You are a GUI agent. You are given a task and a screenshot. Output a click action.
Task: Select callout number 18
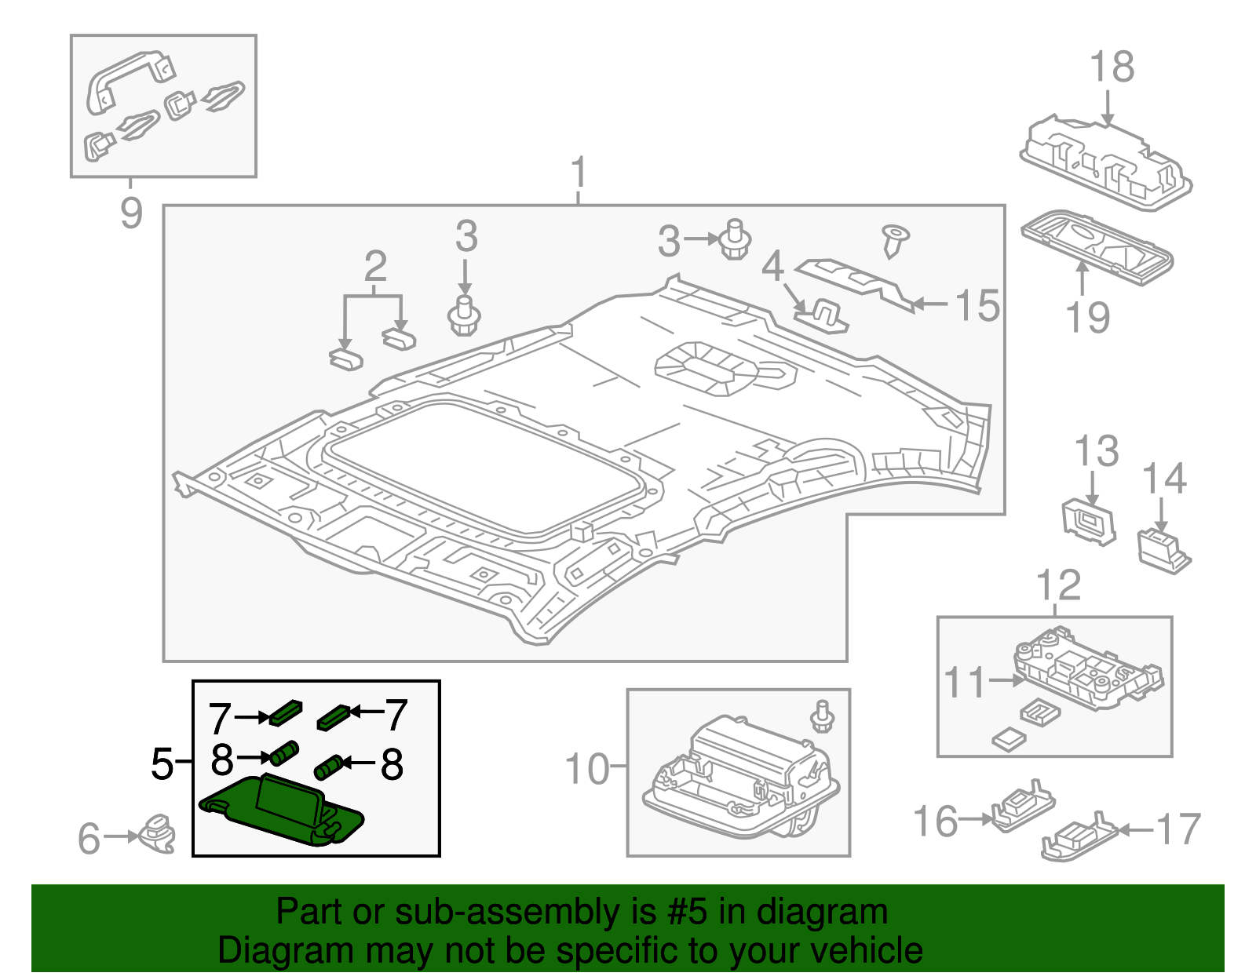[x=1112, y=67]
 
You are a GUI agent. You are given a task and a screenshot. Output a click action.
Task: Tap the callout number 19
[x=1086, y=318]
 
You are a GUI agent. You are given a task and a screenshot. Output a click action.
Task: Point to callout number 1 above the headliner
[x=579, y=173]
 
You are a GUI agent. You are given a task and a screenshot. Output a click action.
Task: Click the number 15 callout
[x=977, y=305]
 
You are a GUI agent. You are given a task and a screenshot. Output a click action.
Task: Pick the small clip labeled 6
[x=159, y=833]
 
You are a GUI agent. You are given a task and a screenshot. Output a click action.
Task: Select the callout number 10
[x=586, y=769]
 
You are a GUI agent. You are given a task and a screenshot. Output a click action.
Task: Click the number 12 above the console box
[x=1058, y=585]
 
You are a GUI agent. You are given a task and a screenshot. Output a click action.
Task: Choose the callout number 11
[x=963, y=682]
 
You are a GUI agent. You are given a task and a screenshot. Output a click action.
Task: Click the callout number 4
[x=772, y=267]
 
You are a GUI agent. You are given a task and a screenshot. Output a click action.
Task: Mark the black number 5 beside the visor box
[x=162, y=763]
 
